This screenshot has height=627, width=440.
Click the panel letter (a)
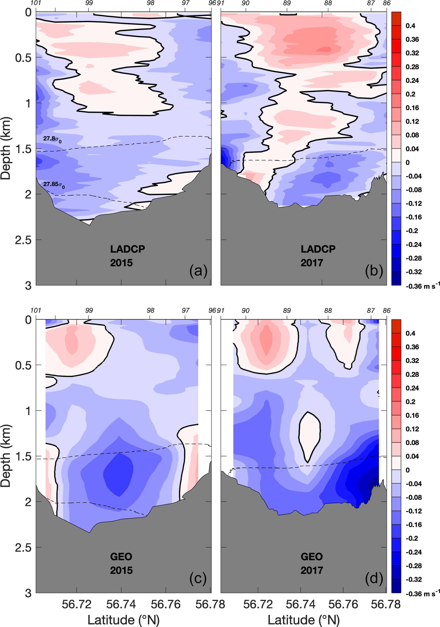tap(198, 271)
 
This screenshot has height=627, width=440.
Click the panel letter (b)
tap(374, 271)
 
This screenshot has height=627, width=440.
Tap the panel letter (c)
tap(198, 578)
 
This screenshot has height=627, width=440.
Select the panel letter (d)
tap(374, 578)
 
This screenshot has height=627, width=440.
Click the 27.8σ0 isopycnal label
tap(52, 139)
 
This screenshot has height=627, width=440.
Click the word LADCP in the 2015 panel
tap(128, 249)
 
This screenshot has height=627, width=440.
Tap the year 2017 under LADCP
tap(312, 263)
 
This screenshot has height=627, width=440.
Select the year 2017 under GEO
tap(312, 570)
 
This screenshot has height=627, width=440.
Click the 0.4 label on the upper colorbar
tap(410, 26)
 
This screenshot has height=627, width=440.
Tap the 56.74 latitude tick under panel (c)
tap(121, 605)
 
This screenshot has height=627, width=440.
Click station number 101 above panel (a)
tap(36, 3)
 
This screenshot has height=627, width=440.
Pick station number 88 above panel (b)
tap(328, 3)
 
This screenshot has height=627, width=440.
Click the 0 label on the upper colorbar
tap(407, 162)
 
